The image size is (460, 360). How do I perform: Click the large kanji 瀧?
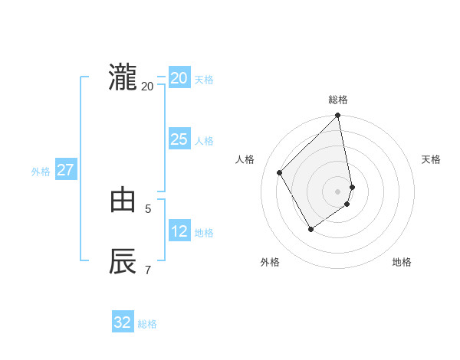click(123, 78)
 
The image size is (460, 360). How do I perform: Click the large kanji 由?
click(123, 201)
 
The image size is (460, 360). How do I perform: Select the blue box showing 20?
click(179, 78)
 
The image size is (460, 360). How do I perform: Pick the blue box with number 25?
click(179, 139)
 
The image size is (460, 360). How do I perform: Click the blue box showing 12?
click(179, 231)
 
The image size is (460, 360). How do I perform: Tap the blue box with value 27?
click(65, 170)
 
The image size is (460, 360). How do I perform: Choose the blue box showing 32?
click(123, 322)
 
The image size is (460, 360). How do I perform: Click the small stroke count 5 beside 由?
click(148, 208)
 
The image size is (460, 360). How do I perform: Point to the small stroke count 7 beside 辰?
click(148, 269)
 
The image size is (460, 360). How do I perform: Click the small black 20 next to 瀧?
click(147, 86)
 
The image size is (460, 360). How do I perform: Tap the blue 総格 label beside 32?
click(147, 324)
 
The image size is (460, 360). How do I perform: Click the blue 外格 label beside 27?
click(41, 172)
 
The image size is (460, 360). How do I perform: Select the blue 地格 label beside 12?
click(204, 233)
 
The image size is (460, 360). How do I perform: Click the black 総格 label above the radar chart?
click(338, 100)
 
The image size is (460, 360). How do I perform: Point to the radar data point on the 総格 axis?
click(338, 116)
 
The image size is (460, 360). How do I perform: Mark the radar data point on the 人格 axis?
click(280, 172)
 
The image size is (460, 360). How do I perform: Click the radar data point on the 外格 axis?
click(310, 229)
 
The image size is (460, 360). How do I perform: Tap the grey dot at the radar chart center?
click(338, 191)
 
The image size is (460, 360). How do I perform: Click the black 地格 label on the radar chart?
click(402, 262)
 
